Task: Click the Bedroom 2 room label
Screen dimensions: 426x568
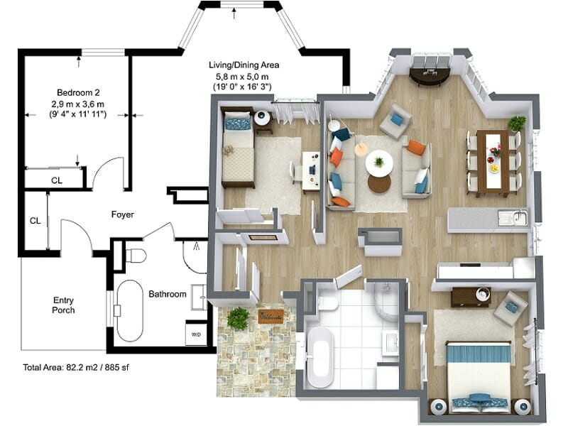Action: (x=77, y=93)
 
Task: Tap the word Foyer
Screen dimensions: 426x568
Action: (x=123, y=214)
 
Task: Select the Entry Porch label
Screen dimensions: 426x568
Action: (x=63, y=305)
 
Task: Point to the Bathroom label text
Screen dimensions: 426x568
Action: (x=168, y=294)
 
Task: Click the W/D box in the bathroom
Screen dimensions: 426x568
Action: (x=196, y=334)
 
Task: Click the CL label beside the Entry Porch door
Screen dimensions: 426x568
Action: (x=35, y=221)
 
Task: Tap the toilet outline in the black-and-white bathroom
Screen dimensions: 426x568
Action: (x=134, y=254)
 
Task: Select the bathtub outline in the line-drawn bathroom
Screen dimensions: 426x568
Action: (x=129, y=311)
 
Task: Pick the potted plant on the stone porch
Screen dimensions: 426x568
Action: (x=238, y=318)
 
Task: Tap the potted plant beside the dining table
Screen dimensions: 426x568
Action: (x=517, y=124)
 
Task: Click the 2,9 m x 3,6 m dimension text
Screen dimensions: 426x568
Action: (x=77, y=104)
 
